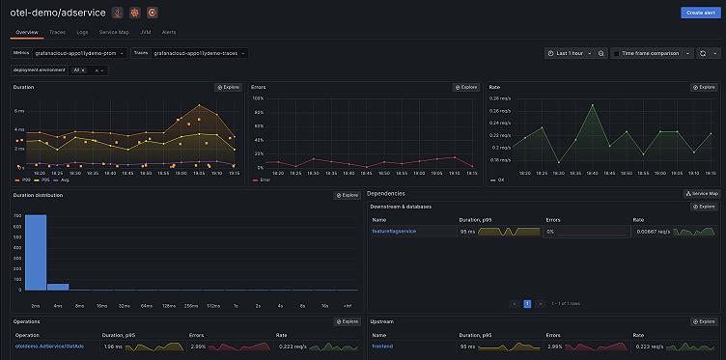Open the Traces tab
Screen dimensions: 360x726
57,32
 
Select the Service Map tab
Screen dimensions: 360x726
115,32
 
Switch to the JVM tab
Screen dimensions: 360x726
146,32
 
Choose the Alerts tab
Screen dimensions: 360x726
170,32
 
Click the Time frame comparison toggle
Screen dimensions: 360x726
648,53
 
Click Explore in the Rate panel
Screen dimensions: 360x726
704,87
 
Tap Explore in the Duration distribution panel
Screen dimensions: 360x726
348,195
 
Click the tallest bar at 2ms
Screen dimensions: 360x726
35,252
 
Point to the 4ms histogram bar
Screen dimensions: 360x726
58,287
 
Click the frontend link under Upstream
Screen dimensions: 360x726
382,345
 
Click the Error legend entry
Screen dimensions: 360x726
263,180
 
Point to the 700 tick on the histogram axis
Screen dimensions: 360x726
18,215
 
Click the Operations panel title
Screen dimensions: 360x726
27,320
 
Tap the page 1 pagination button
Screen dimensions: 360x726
527,303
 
